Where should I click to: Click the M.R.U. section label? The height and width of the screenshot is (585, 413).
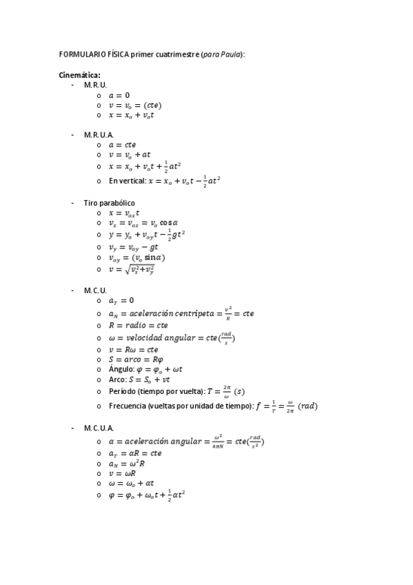click(95, 84)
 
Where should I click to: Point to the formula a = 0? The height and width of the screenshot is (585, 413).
click(119, 95)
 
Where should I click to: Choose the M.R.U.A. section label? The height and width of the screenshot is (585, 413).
click(99, 135)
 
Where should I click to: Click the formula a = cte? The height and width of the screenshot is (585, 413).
click(123, 145)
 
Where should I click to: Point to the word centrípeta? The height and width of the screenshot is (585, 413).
click(195, 313)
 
